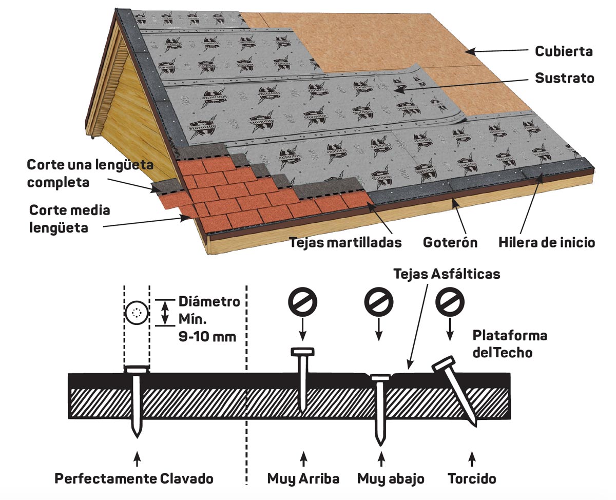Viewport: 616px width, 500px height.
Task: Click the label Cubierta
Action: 564,51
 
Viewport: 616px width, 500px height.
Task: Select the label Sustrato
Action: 564,79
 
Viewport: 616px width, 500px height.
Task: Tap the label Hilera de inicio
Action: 547,242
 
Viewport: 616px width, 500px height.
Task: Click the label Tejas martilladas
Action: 345,242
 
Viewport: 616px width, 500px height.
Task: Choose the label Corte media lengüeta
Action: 69,218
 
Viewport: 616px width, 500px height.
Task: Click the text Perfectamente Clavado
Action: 134,478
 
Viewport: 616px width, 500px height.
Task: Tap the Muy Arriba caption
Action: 303,478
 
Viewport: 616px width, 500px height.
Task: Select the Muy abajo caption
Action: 391,478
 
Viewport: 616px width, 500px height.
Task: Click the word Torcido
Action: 472,478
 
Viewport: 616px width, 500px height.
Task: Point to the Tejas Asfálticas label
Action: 447,274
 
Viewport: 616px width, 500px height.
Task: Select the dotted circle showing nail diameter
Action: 137,312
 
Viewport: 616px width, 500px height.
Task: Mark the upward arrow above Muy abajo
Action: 380,457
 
